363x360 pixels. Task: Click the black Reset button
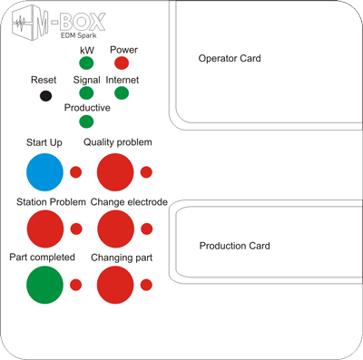45,96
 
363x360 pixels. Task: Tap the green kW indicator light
86,63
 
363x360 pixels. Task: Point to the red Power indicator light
122,63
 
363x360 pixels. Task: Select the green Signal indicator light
86,92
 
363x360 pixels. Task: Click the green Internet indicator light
122,92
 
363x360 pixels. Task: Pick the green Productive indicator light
86,122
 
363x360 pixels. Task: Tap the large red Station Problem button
45,229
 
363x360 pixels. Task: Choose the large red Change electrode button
115,229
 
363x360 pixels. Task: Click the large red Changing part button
115,285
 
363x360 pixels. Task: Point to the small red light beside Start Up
75,172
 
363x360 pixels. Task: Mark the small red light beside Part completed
75,285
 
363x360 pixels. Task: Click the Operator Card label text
230,58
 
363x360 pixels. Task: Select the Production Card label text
234,246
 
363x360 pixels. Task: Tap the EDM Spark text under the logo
79,35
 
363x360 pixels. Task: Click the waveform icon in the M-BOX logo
21,23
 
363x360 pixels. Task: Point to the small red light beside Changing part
146,285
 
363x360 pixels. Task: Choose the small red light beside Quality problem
146,172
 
